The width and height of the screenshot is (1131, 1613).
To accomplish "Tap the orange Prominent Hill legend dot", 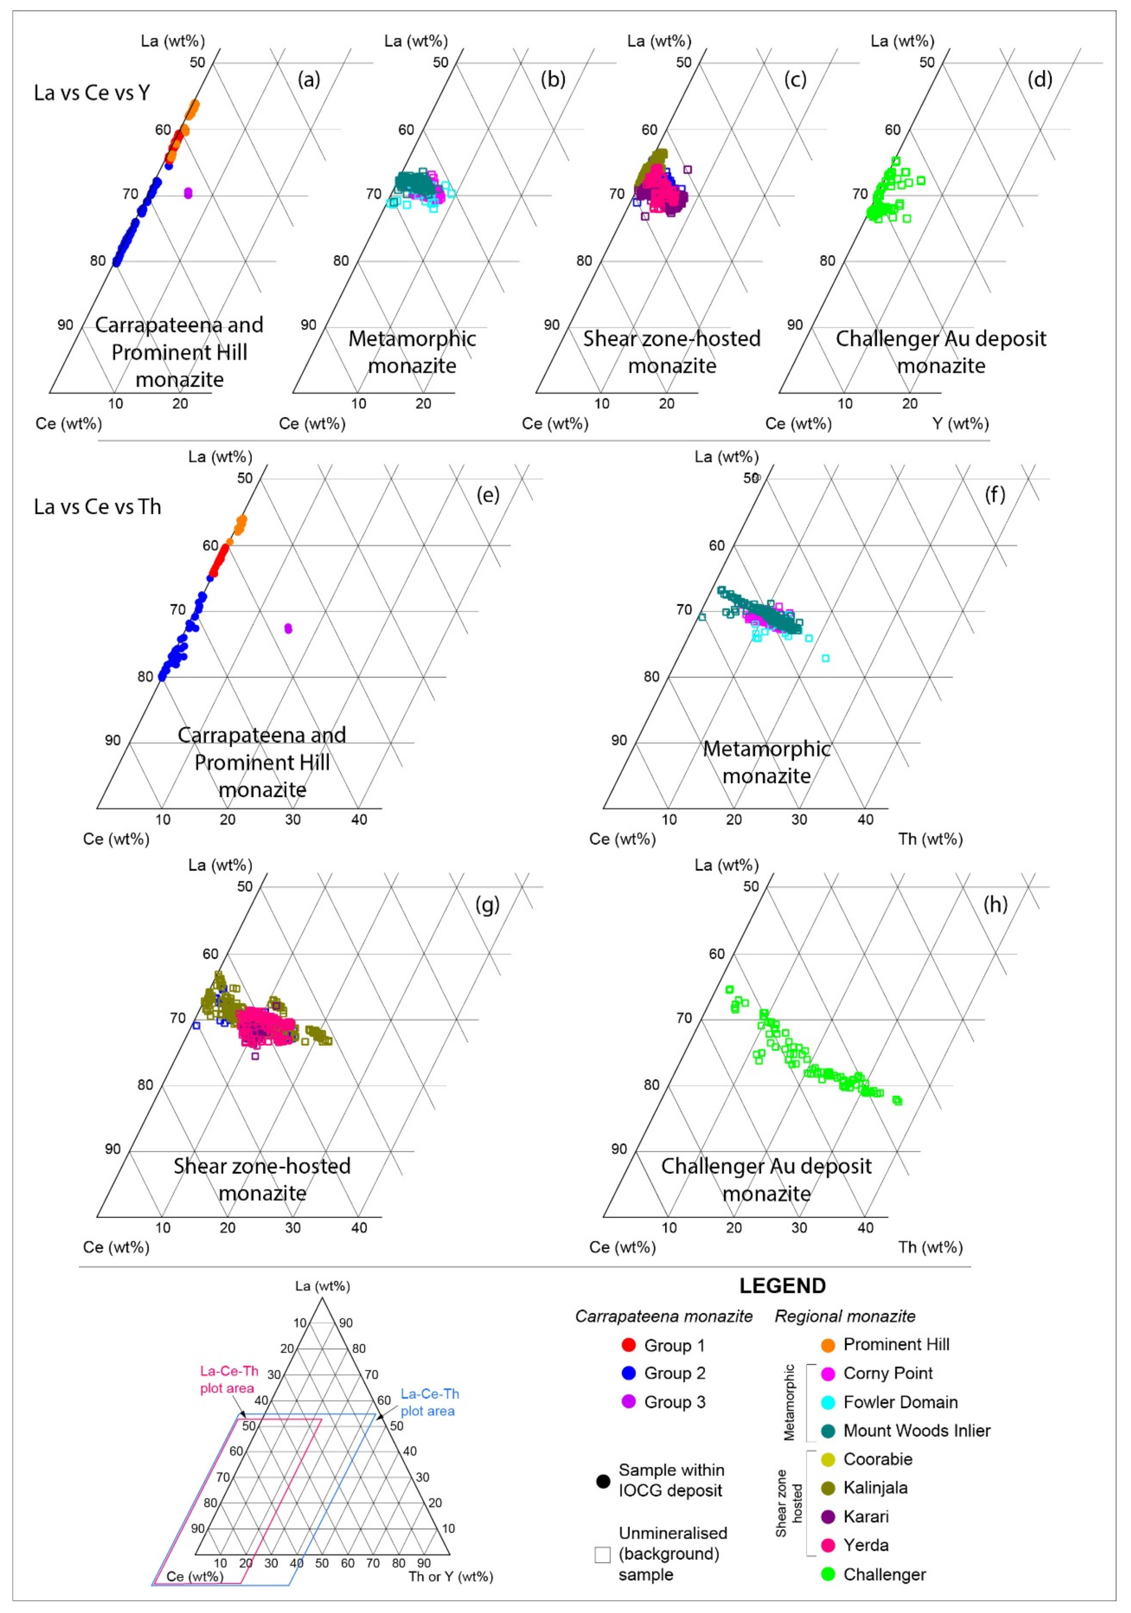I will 828,1344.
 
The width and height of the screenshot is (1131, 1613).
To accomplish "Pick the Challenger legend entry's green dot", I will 828,1574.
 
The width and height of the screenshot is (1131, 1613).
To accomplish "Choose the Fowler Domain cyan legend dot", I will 828,1402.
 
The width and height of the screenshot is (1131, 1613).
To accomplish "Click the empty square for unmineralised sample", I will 602,1554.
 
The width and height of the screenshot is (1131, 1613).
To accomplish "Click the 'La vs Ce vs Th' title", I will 98,506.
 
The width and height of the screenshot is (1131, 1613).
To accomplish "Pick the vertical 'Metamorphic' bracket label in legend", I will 790,1402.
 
